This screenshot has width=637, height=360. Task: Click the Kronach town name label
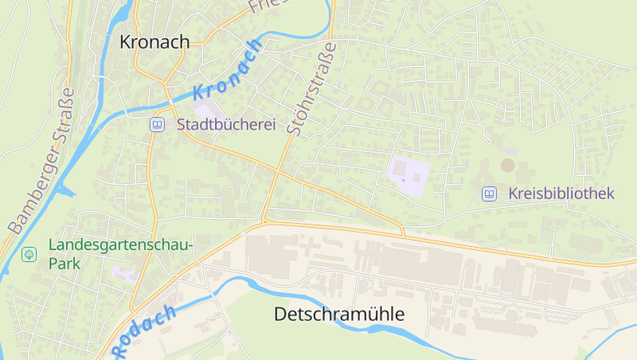154,42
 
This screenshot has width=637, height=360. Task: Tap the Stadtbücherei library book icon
158,125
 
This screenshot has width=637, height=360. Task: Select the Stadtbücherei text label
225,125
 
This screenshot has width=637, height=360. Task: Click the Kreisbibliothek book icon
489,194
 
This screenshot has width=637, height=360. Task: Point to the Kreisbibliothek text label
561,194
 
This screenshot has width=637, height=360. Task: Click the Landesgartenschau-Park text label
120,254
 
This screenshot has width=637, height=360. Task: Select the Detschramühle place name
338,315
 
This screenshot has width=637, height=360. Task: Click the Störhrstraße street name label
310,89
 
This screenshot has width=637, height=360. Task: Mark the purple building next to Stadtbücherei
205,112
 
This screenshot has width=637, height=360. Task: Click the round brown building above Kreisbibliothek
507,165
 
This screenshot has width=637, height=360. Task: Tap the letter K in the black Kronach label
126,42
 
